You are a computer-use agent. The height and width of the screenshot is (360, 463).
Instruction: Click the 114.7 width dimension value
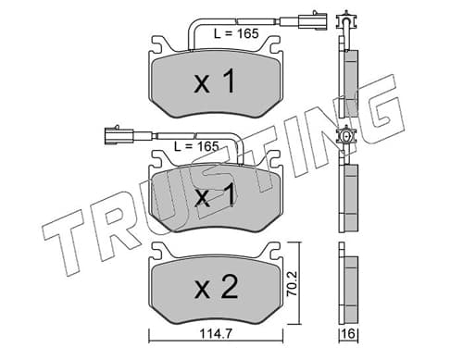click(216, 334)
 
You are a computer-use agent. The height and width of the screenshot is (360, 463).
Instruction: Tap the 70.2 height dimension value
click(292, 283)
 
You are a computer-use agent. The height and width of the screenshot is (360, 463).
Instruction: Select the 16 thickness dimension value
click(349, 334)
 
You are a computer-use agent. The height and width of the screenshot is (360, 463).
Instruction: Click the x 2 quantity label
click(216, 287)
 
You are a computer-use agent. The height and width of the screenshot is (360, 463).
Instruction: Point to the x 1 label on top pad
click(215, 81)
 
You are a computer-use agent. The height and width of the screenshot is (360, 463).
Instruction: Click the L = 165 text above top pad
click(236, 33)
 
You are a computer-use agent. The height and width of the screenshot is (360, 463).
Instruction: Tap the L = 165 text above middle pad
click(196, 146)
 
